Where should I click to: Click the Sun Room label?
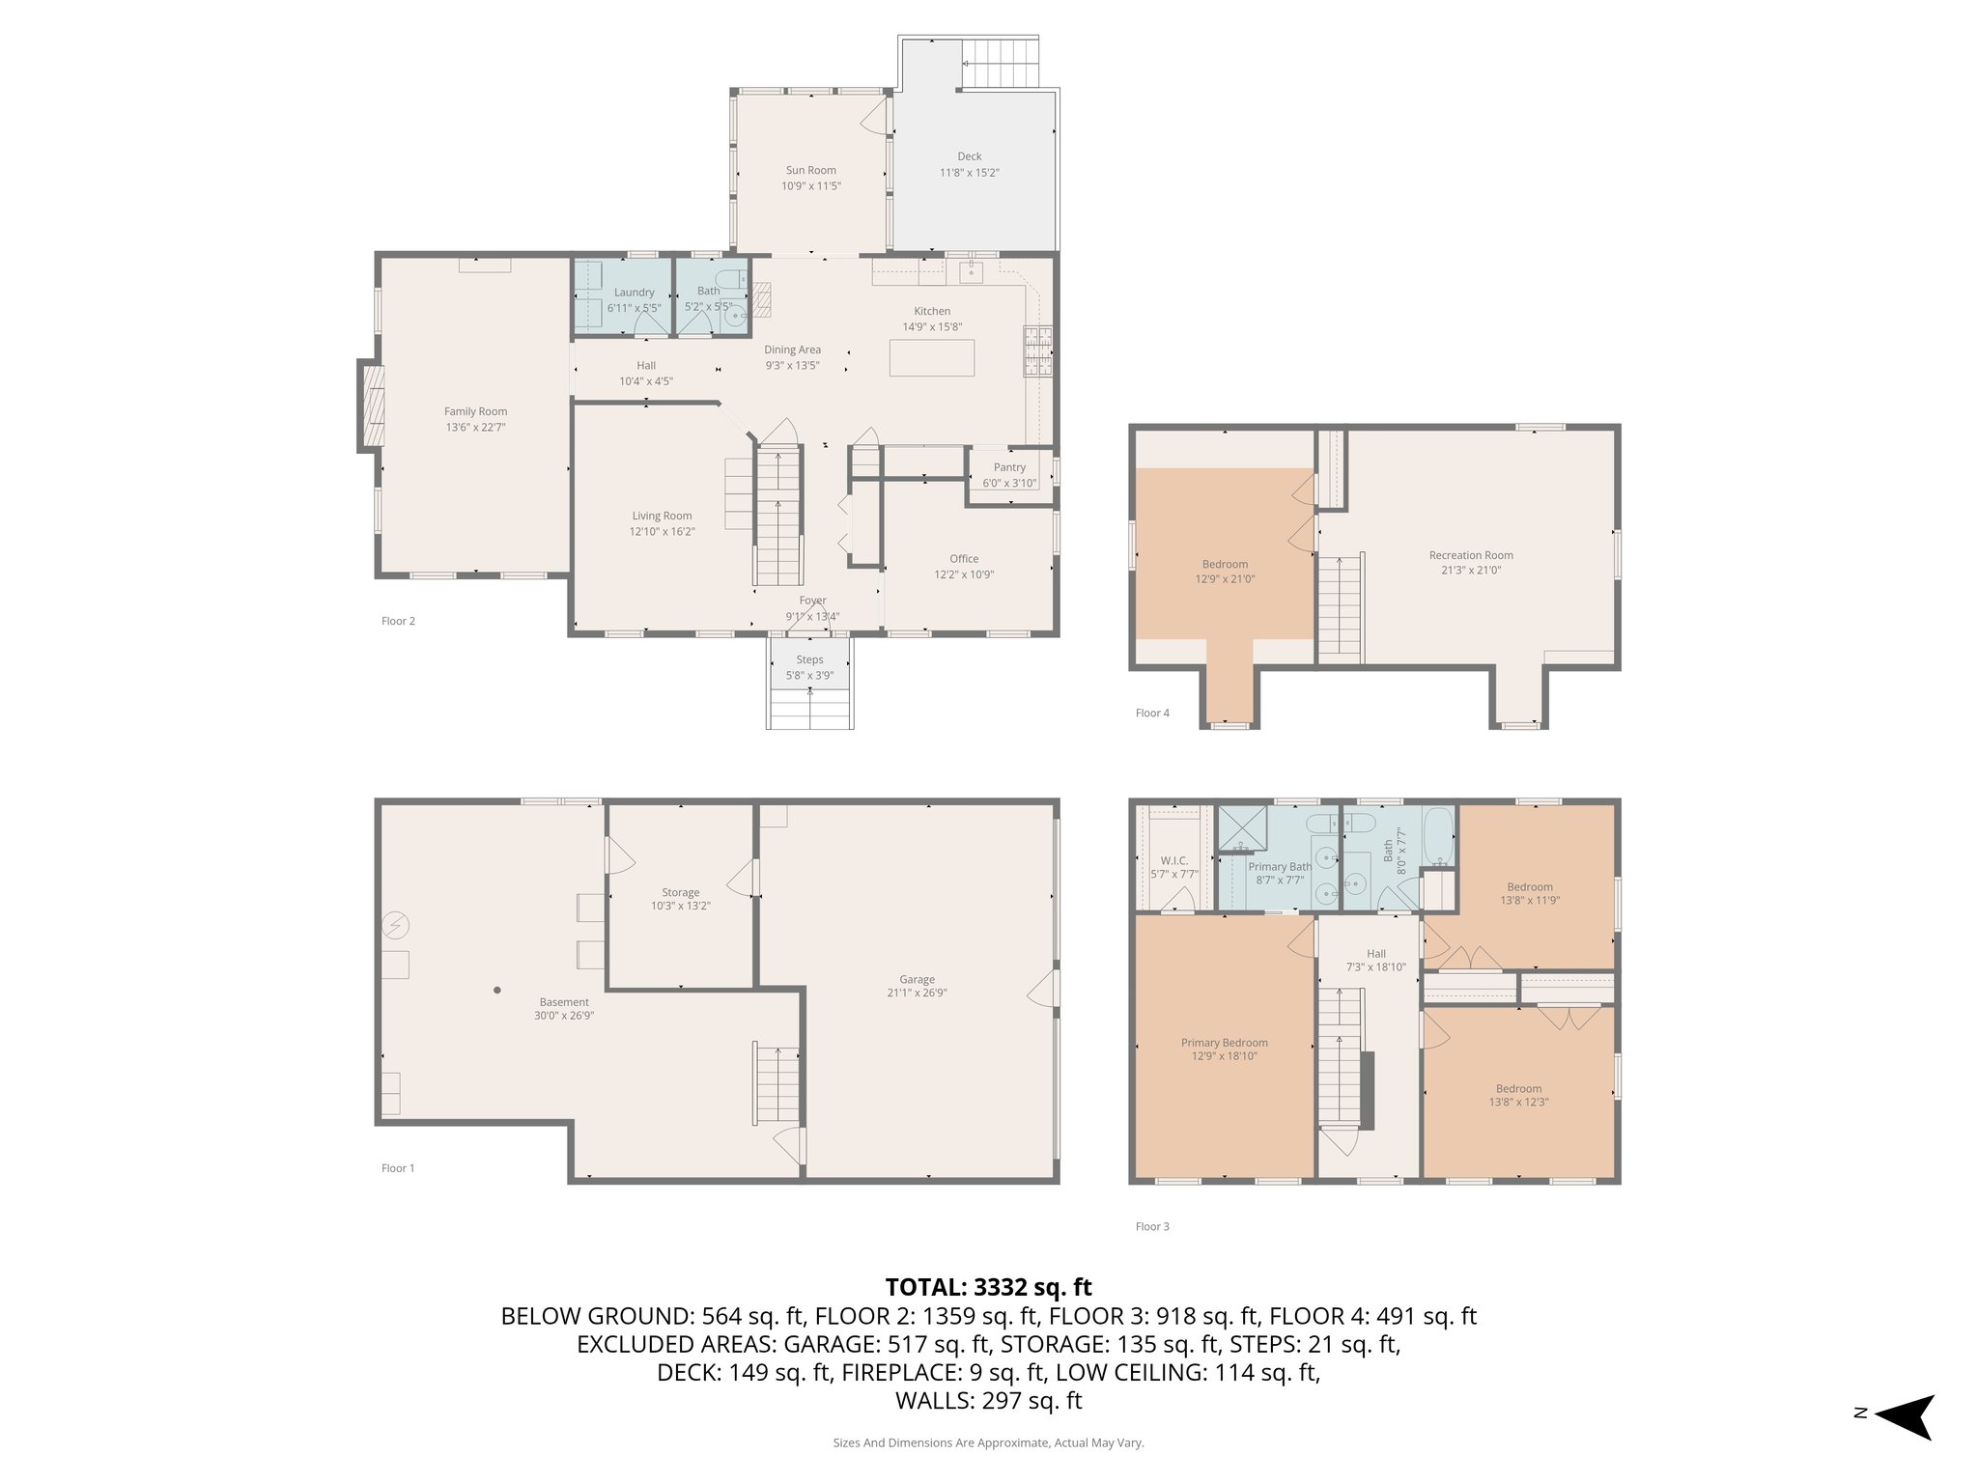810,170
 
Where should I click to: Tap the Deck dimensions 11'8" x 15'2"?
969,173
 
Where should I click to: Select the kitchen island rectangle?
932,357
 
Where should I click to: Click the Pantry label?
1009,467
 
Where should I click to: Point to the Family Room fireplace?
372,406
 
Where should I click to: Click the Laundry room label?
635,293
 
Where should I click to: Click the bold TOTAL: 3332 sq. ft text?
988,1287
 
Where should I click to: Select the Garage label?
917,979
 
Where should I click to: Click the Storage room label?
681,892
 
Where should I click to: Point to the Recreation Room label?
1471,555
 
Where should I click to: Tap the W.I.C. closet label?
1174,860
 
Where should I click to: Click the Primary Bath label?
1280,866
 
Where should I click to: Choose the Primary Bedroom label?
1225,1043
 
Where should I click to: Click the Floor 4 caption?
1152,714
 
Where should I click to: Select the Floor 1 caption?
398,1168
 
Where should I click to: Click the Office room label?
964,559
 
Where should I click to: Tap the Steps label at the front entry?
809,660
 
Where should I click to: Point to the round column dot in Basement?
497,990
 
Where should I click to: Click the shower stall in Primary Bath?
1241,828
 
